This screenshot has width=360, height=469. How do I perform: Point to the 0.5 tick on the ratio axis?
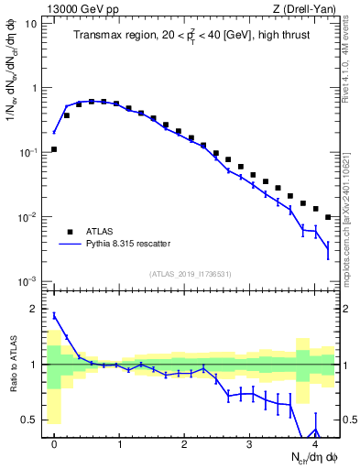tap(32, 420)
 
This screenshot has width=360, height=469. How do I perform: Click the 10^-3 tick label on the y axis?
tap(29, 281)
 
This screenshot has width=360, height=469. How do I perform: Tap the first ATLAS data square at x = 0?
tap(54, 149)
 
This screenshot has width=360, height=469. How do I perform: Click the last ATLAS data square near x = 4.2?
tap(328, 217)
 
